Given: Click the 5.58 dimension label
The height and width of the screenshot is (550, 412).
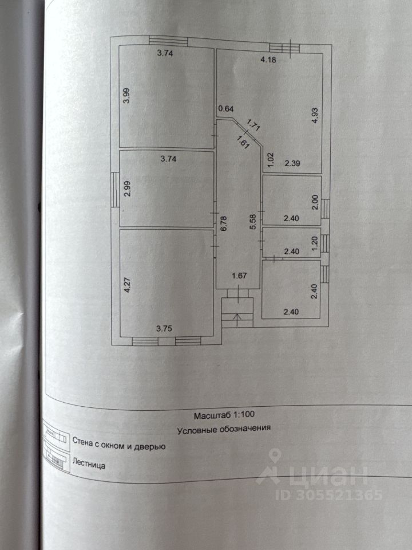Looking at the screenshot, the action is pos(252,221).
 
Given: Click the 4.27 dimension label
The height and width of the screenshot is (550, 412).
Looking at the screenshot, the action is pos(126,285).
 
